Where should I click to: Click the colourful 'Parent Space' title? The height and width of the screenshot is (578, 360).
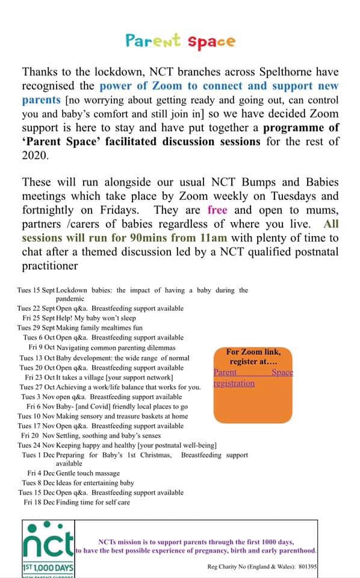(180, 41)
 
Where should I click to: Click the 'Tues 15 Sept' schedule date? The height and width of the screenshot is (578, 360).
(36, 290)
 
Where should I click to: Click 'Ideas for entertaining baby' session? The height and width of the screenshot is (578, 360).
(95, 483)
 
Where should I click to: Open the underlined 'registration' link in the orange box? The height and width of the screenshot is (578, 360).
(234, 383)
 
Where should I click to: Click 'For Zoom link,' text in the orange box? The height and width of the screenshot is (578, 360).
(253, 352)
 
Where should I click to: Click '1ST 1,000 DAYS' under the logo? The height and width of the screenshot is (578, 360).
(48, 568)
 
